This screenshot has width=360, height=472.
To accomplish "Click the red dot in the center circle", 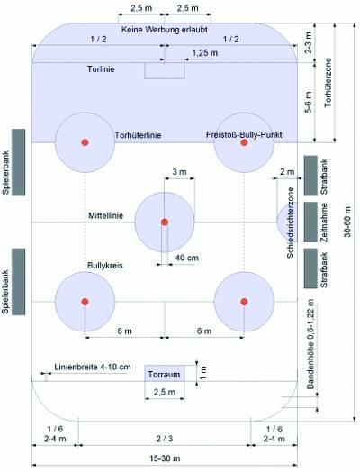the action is click(x=165, y=222).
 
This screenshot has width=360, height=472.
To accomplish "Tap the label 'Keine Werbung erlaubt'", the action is click(x=165, y=30).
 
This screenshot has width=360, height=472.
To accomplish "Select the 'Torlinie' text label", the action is click(x=101, y=69).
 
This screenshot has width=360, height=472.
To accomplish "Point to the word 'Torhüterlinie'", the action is click(x=138, y=135).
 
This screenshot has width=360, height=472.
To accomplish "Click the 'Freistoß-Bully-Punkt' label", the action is click(x=244, y=134).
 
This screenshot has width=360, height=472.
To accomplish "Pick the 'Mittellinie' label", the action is click(x=105, y=215).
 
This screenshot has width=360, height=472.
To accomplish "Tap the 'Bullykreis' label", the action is click(x=105, y=266).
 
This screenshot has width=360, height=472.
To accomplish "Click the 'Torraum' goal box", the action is click(x=165, y=374).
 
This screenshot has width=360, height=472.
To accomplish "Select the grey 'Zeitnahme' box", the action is click(x=310, y=222).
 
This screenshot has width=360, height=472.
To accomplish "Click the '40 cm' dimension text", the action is click(x=187, y=258).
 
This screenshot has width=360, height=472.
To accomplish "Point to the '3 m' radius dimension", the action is click(x=179, y=172).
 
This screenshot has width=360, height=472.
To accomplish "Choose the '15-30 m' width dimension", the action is click(x=165, y=458).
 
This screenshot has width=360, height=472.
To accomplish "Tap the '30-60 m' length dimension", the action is click(x=347, y=222).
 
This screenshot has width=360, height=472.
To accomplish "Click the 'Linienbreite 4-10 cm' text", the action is click(x=93, y=367).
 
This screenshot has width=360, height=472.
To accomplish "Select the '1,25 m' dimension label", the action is click(x=205, y=53).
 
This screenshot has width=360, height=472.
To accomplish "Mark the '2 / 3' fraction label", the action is click(x=165, y=439).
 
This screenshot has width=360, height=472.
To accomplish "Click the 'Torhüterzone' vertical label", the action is click(x=328, y=83).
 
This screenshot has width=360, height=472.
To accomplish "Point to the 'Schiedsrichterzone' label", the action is click(x=290, y=222).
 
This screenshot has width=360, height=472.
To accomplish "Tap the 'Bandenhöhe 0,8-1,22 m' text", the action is click(x=310, y=344).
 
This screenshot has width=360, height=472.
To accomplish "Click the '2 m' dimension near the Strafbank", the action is click(x=287, y=172).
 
